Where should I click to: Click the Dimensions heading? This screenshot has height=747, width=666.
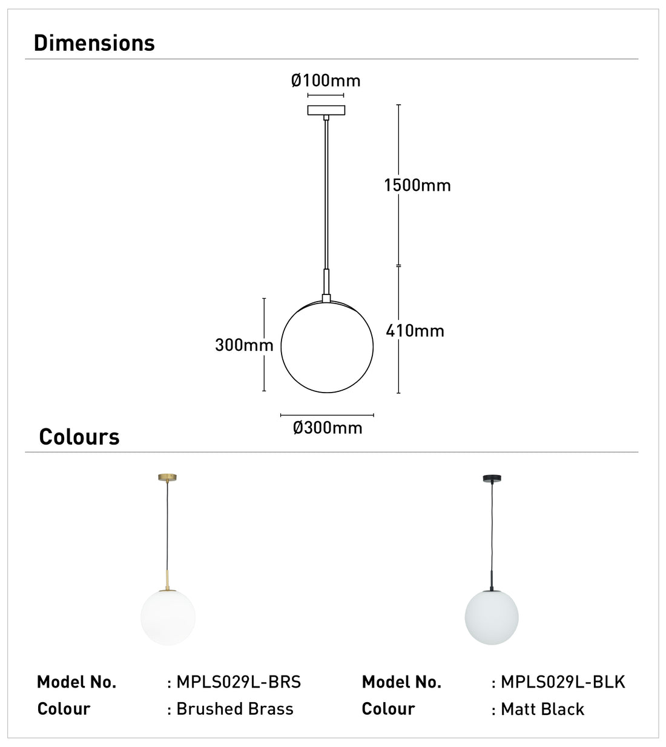coord(94,43)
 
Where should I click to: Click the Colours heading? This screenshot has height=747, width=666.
coord(79,437)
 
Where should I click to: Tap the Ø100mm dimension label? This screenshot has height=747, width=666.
coord(326,81)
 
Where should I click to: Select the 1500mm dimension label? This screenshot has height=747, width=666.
coord(417,185)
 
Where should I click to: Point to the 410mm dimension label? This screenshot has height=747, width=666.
coord(415,331)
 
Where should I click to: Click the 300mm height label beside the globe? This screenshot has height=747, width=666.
coord(244,345)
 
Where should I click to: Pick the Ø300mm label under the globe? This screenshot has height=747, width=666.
coord(328,428)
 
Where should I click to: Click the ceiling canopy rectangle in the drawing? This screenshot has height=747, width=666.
coord(326,110)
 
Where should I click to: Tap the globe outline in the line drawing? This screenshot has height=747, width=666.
coord(281,347)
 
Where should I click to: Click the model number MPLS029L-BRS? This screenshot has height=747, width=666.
coord(239,682)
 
